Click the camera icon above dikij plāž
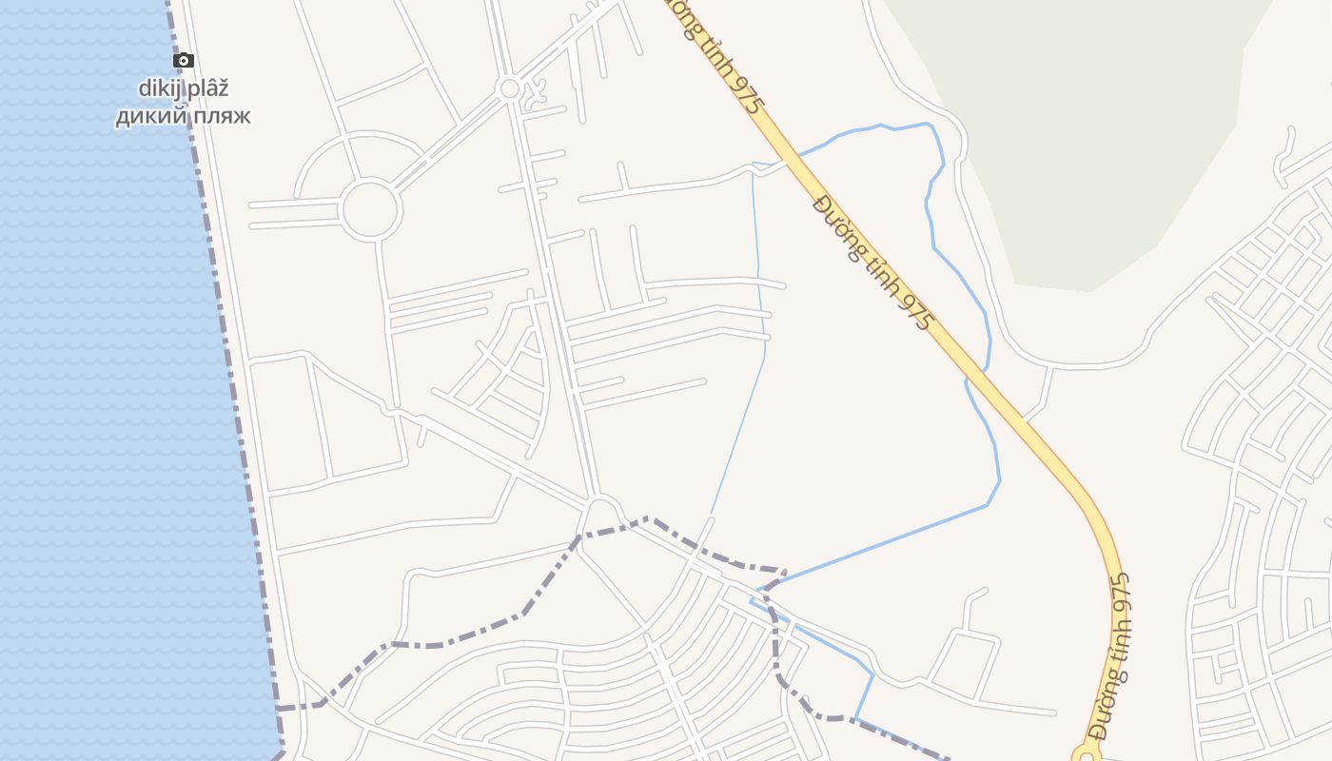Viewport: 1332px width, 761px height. (184, 61)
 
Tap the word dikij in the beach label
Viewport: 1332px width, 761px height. (157, 88)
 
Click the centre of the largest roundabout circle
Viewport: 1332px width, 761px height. (369, 209)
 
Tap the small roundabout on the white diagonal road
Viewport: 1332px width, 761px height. (510, 89)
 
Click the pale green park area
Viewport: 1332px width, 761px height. (1094, 143)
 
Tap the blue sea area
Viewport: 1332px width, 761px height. (95, 380)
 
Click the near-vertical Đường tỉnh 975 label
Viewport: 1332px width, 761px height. (1114, 656)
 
